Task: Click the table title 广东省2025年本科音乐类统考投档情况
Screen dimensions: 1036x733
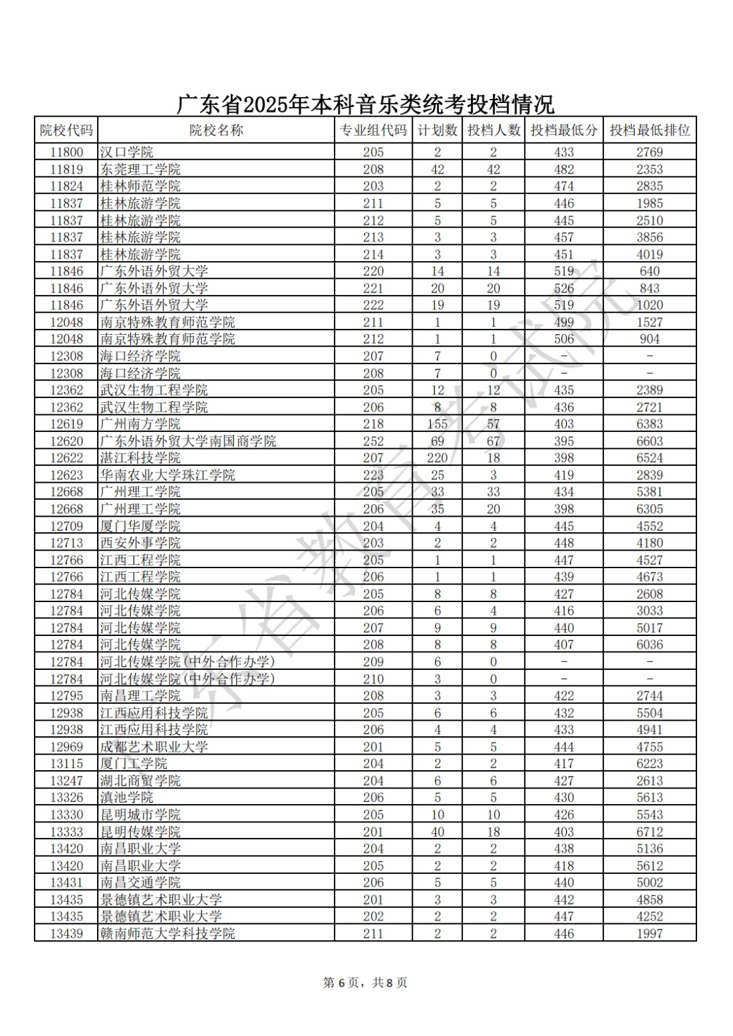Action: [x=365, y=104]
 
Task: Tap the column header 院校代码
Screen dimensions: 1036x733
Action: [x=66, y=130]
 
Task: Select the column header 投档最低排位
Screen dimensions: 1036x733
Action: [x=649, y=130]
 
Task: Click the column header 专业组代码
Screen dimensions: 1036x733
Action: [x=373, y=130]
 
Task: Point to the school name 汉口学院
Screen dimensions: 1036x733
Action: [x=127, y=153]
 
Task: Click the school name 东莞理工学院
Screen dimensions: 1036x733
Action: [x=140, y=170]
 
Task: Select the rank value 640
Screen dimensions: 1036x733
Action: [x=649, y=271]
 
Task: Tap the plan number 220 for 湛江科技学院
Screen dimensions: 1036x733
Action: [x=437, y=458]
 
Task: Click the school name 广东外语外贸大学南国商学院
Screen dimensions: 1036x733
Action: [x=188, y=441]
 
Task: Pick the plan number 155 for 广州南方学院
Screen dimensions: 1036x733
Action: [x=437, y=424]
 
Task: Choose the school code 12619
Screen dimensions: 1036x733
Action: [x=66, y=424]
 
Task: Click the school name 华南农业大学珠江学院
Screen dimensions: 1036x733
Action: [x=168, y=475]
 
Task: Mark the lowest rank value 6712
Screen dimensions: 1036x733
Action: [x=649, y=832]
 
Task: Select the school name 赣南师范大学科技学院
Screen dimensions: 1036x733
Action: [x=168, y=934]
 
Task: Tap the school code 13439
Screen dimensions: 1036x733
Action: [x=66, y=934]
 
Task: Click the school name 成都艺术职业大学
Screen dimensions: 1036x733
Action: [x=154, y=747]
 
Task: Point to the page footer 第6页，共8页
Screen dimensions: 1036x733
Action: [x=365, y=982]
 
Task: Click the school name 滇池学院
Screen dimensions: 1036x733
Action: [x=127, y=798]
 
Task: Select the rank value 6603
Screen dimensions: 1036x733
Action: [x=649, y=441]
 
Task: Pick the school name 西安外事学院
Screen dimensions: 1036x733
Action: [x=140, y=543]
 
